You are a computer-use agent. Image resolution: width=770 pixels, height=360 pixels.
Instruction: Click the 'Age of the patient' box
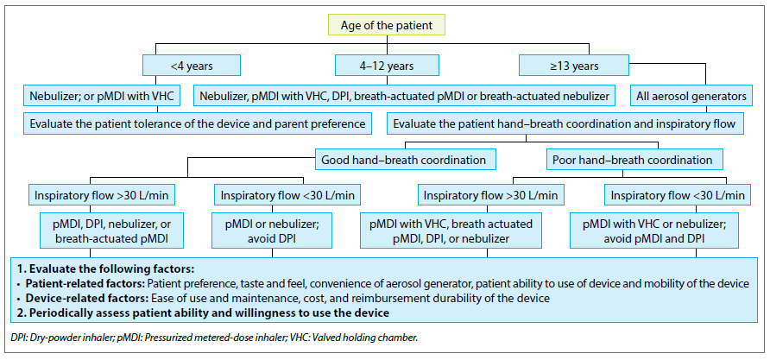click(387, 25)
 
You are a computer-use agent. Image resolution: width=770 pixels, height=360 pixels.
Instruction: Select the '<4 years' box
click(192, 66)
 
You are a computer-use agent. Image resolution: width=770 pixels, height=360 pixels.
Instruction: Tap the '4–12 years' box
click(387, 66)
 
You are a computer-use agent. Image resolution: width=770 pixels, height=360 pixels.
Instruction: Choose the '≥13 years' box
click(574, 66)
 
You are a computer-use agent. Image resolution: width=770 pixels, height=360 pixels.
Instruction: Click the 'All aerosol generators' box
click(691, 96)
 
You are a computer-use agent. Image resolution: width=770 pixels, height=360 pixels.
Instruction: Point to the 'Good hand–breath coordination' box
click(403, 160)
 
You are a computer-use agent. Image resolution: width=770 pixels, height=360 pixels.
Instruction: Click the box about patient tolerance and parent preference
click(198, 123)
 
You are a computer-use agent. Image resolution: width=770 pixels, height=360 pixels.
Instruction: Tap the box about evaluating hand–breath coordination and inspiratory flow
click(565, 123)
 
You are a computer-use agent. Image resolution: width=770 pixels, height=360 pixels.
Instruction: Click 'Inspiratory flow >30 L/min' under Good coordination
click(101, 195)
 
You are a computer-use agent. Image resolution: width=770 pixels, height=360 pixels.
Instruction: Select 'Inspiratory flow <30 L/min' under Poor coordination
click(678, 195)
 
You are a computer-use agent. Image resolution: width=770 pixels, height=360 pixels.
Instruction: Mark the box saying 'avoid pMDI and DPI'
click(653, 231)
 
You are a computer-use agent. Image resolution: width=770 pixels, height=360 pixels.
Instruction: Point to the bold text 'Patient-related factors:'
click(85, 283)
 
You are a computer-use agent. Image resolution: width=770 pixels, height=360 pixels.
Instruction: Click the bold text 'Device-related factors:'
click(87, 298)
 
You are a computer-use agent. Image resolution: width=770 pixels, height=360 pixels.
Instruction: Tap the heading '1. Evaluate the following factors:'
click(106, 268)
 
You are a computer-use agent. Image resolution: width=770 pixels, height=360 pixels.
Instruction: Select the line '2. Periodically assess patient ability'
click(203, 313)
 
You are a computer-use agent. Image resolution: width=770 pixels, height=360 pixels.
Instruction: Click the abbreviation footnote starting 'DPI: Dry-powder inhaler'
click(213, 338)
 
